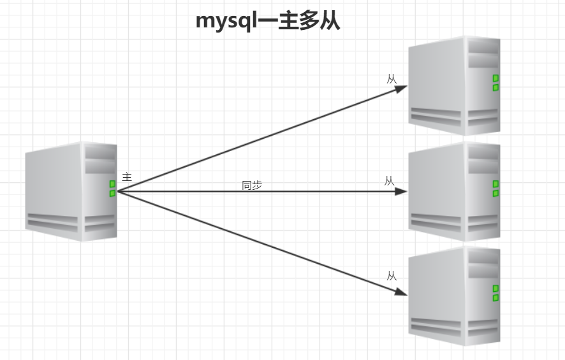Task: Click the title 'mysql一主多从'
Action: pos(268,20)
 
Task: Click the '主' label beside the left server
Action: pos(126,176)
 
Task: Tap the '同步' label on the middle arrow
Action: pos(252,185)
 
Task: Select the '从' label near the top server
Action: pos(392,79)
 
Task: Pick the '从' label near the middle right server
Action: pos(389,181)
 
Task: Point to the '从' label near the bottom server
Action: pos(392,276)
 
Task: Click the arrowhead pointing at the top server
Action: pos(400,89)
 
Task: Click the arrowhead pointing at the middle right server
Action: pos(400,191)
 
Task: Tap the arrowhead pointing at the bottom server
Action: pos(400,292)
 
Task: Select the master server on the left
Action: pos(71,191)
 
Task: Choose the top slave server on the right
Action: pos(454,85)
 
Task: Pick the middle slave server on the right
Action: pos(454,191)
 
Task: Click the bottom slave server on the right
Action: pos(454,296)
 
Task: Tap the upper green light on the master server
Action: pos(112,184)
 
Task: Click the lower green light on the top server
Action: pos(495,87)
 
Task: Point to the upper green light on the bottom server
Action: pos(495,289)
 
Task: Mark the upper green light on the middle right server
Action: pos(495,184)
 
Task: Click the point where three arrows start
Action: pos(119,191)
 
